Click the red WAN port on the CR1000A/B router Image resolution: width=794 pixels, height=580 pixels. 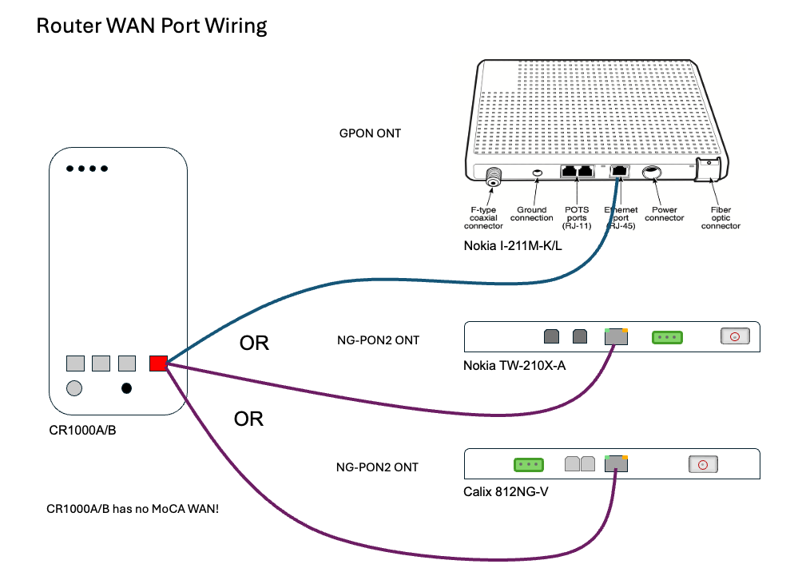[157, 363]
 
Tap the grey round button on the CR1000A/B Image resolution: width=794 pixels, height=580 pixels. [74, 389]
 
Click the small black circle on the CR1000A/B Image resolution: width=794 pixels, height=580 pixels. [126, 389]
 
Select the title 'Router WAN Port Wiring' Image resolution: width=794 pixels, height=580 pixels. [152, 26]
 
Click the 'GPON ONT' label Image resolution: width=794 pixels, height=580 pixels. [370, 133]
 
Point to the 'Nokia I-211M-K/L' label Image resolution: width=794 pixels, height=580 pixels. [513, 245]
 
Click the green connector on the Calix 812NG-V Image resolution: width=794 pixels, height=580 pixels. [527, 464]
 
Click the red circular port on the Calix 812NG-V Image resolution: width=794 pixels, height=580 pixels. [704, 464]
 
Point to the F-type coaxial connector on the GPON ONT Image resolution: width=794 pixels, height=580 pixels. [494, 176]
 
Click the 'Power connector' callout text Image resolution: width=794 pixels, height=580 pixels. [664, 213]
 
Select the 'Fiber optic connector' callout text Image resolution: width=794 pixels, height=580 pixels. [720, 217]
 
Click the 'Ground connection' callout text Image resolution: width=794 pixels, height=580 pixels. [531, 213]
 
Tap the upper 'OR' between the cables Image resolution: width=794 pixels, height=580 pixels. [254, 344]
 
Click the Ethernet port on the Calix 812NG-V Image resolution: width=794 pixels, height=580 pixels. [616, 463]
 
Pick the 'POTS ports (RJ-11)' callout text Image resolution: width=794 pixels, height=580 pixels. [576, 217]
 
